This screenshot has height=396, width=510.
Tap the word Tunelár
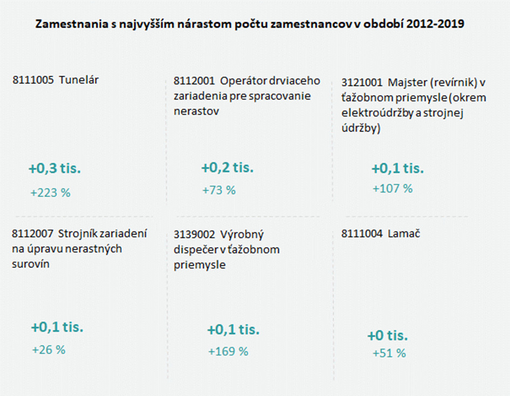click(79, 80)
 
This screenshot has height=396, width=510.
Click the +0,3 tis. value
click(55, 169)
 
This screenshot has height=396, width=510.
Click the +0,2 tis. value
click(227, 168)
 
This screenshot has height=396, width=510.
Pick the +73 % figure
click(219, 190)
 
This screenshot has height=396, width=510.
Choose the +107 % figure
click(392, 189)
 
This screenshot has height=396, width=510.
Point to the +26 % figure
click(49, 350)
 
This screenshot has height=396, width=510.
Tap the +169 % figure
click(228, 351)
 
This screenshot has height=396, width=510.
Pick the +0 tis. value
click(387, 336)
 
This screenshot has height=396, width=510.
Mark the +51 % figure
click(389, 353)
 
